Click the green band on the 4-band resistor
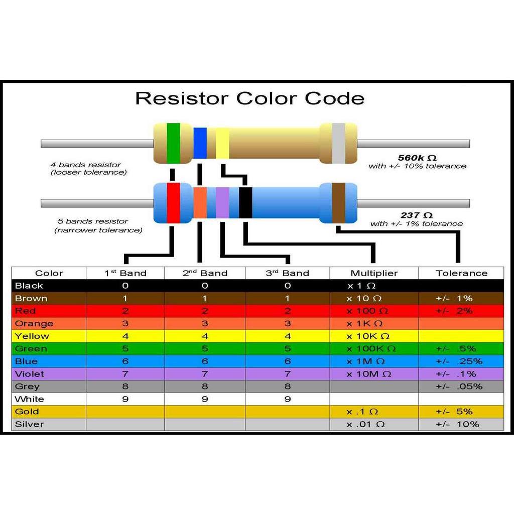tap(173, 143)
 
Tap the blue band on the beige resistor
tap(200, 143)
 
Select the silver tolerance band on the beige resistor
tap(339, 143)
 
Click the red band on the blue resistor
tap(173, 203)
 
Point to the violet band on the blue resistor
tap(222, 203)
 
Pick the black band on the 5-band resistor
tap(245, 203)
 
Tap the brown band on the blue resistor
tap(339, 203)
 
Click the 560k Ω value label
tap(417, 158)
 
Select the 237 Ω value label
tap(417, 215)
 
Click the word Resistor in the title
tap(182, 98)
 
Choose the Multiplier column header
tap(374, 273)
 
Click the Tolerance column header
tap(462, 273)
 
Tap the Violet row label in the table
tap(30, 373)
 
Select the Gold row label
tap(27, 412)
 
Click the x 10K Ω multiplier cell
tap(368, 336)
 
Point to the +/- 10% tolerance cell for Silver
tap(458, 424)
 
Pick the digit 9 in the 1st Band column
tap(125, 399)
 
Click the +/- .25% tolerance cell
tap(459, 361)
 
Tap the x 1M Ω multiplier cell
tap(366, 361)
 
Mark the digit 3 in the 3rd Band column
tap(288, 324)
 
